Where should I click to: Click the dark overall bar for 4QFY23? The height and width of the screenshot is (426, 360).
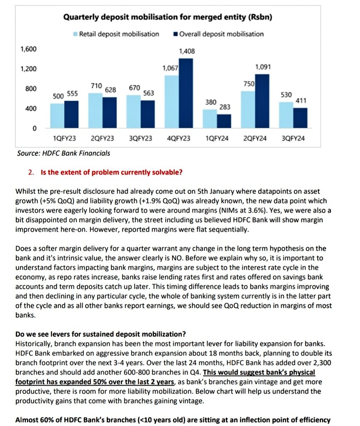point(186,94)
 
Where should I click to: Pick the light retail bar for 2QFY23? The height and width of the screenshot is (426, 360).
point(96,111)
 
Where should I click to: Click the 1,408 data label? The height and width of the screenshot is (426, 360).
point(187,51)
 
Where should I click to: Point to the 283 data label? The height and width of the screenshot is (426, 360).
point(225,107)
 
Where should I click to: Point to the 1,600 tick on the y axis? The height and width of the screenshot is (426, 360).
point(29,49)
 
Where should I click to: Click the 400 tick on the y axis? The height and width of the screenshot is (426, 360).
point(32,109)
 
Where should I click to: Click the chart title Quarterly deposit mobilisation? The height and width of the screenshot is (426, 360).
point(168,17)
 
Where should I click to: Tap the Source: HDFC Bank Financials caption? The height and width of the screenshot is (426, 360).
point(64,153)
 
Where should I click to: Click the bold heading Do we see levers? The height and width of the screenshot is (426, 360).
point(100,334)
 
